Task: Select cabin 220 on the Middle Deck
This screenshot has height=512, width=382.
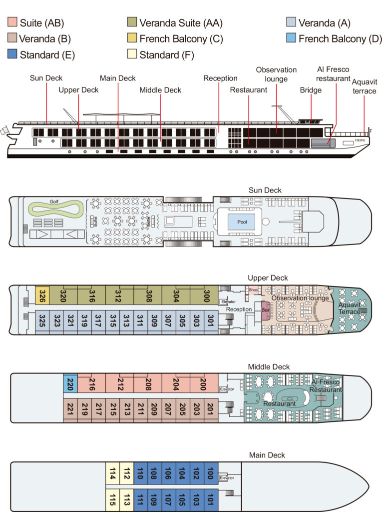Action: (70, 383)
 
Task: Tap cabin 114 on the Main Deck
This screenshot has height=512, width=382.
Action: (113, 472)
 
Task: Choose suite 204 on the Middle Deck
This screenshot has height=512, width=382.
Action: (176, 383)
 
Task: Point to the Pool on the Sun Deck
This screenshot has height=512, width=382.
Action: (241, 221)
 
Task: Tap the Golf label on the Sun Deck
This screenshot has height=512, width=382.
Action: (54, 201)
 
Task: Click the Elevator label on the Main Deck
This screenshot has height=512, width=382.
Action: (227, 478)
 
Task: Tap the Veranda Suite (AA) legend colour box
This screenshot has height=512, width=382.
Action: (133, 22)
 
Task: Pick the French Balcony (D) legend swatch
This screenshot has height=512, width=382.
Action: (292, 38)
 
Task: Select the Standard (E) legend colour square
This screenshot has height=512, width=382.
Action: (13, 54)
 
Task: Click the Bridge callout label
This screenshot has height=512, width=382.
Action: (311, 90)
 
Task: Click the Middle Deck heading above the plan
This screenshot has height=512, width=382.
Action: (269, 366)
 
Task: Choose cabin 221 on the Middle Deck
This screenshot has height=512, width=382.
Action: (70, 410)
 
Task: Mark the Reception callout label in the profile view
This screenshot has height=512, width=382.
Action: (220, 78)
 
